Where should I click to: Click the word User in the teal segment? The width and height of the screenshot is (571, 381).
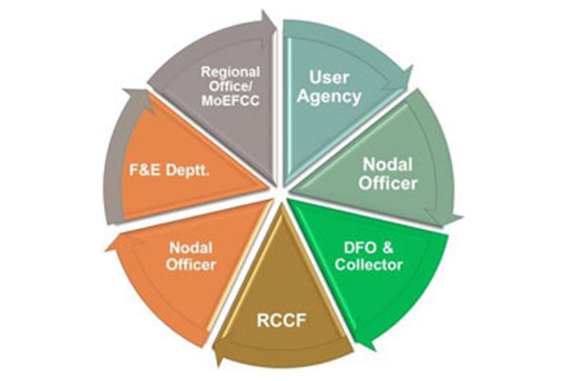pyautogui.click(x=329, y=77)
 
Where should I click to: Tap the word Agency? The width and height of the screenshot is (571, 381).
pyautogui.click(x=329, y=97)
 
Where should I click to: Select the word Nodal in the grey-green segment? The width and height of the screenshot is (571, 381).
pyautogui.click(x=388, y=164)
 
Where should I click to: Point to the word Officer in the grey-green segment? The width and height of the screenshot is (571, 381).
pyautogui.click(x=388, y=183)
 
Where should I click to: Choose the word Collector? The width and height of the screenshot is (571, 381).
pyautogui.click(x=369, y=265)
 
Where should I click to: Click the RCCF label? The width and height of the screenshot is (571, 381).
pyautogui.click(x=281, y=321)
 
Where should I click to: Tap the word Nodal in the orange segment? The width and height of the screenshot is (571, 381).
pyautogui.click(x=191, y=249)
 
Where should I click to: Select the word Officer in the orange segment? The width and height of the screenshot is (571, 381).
pyautogui.click(x=191, y=265)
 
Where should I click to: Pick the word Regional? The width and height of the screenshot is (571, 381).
pyautogui.click(x=230, y=72)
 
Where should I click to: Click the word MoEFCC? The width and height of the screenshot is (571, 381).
pyautogui.click(x=230, y=101)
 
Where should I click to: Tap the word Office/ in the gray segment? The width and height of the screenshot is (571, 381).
pyautogui.click(x=230, y=87)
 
